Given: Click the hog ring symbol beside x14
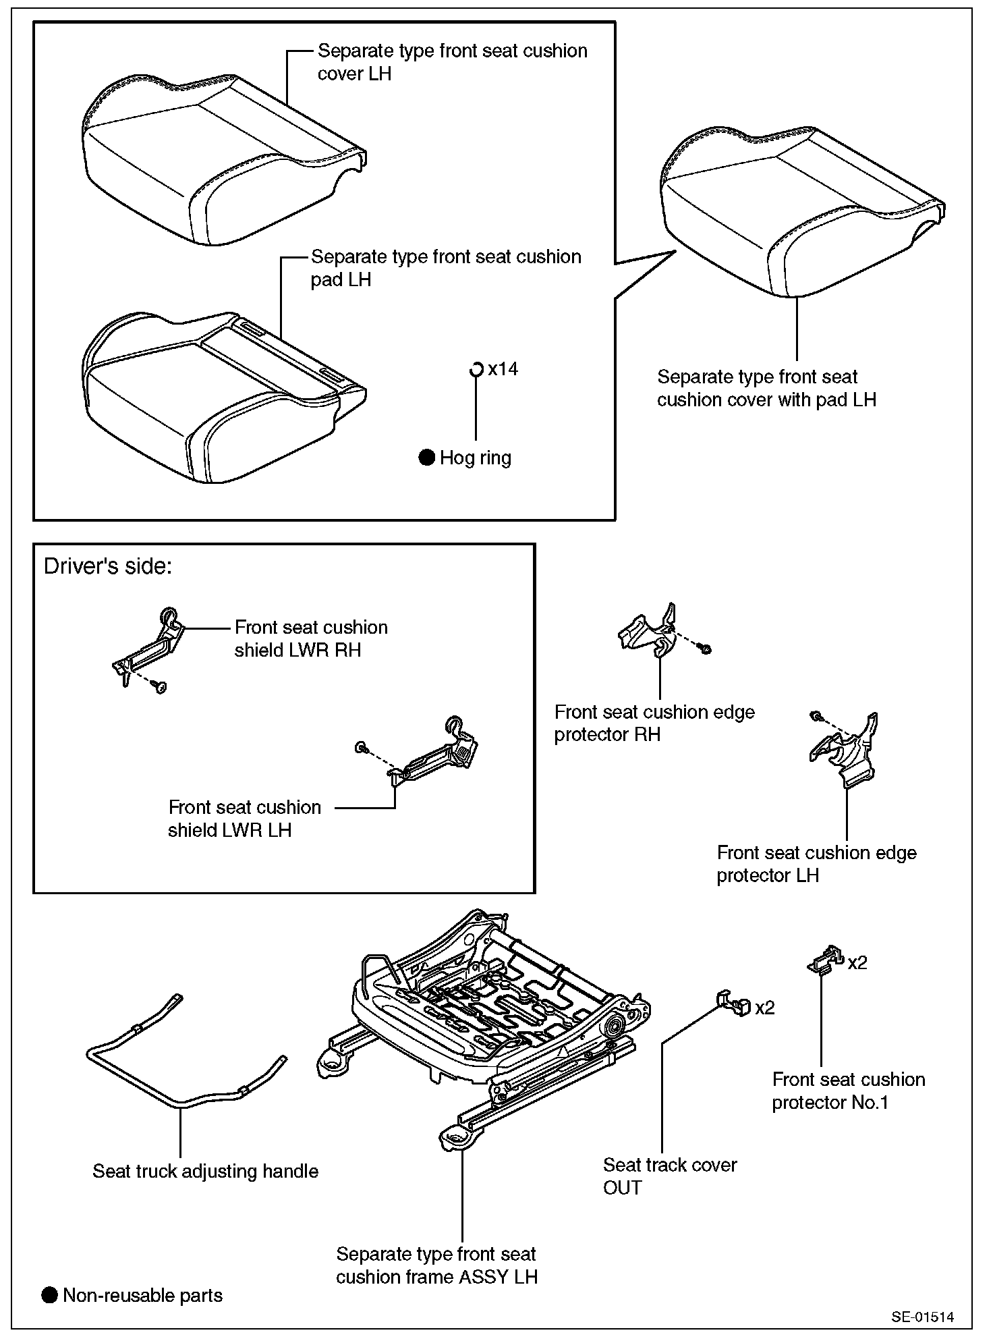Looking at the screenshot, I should click(x=476, y=369).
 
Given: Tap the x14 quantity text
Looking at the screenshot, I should click(x=503, y=368).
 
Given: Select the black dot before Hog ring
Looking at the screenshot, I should click(x=426, y=458).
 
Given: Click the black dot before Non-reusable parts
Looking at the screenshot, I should click(x=50, y=1295).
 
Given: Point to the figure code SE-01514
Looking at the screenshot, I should click(x=922, y=1317).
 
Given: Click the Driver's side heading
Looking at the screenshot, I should click(x=108, y=566).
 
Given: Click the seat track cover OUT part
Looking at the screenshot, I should click(x=733, y=1004).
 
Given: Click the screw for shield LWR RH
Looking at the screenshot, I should click(x=160, y=688).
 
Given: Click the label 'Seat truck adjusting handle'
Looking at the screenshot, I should click(x=205, y=1171).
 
